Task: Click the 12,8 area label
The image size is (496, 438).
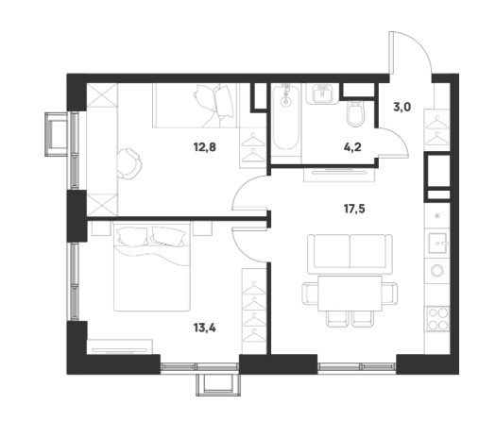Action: coord(205,147)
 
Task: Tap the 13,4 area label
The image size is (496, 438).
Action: coord(205,328)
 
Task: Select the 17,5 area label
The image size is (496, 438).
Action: coord(354,209)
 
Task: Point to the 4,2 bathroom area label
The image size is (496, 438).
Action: coord(352,147)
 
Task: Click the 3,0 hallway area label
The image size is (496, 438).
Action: coord(402,108)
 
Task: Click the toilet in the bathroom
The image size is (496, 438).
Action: coord(356,113)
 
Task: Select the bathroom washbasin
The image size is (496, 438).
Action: coord(322,93)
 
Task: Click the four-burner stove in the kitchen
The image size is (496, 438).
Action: coord(438,318)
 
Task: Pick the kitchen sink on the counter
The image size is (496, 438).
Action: coord(437,244)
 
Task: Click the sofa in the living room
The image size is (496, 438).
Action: coord(350,254)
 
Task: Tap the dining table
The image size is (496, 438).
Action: coord(350,293)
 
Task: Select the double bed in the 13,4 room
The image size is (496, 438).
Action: coord(152,266)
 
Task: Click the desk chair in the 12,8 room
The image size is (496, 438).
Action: coord(128,163)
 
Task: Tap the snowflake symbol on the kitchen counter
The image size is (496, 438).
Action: coord(437,216)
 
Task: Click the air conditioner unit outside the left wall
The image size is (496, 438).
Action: coord(57,134)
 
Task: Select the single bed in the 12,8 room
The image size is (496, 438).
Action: coord(195,106)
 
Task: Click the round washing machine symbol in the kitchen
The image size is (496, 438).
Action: coord(437,270)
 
